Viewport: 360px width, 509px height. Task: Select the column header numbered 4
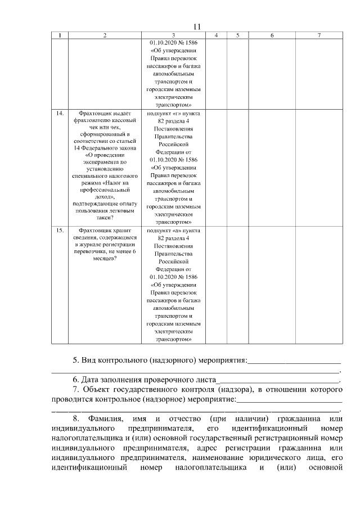click(217, 35)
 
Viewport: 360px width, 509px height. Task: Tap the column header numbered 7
click(319, 35)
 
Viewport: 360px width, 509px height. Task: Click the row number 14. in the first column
click(60, 113)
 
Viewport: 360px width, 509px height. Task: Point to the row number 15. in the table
click(60, 230)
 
